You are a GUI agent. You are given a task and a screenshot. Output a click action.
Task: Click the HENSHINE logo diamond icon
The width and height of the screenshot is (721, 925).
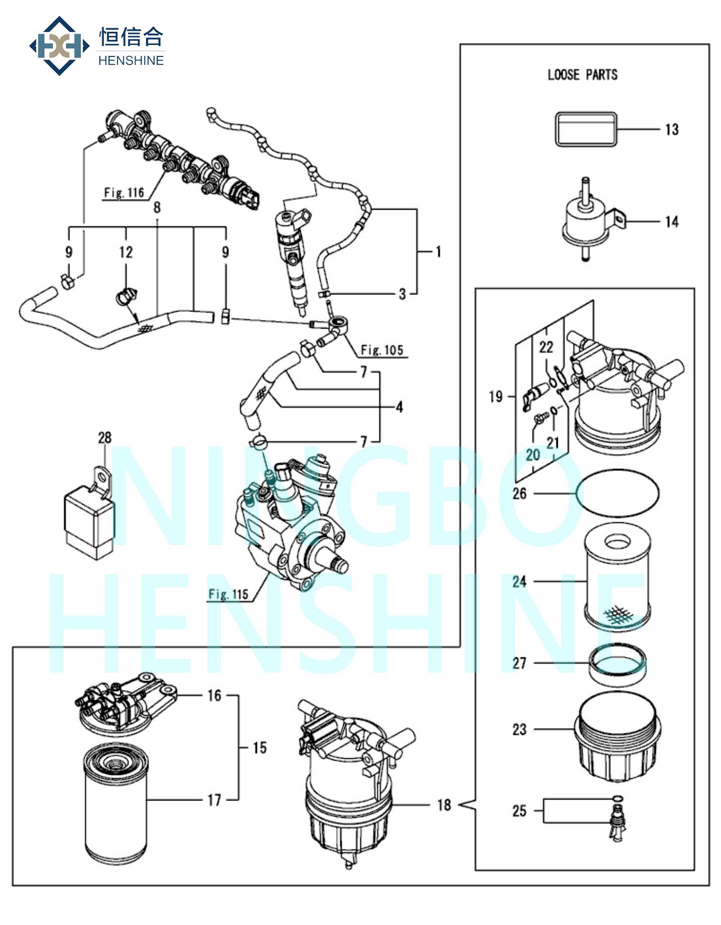click(59, 46)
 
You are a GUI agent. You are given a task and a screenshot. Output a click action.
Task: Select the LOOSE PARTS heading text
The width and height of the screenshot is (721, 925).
click(582, 75)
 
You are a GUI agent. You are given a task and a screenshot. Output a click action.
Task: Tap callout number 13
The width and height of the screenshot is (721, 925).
click(672, 130)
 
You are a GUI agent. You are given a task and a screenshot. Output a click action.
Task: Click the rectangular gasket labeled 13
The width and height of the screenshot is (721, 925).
click(586, 130)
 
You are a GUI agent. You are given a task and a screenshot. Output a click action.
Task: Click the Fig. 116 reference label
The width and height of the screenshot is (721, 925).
click(124, 193)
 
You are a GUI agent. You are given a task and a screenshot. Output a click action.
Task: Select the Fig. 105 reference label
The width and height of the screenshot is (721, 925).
click(382, 350)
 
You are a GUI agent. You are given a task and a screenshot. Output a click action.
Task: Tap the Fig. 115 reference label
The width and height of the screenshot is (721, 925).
click(228, 594)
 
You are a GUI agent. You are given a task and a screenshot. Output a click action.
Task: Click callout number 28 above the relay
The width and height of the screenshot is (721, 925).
click(104, 438)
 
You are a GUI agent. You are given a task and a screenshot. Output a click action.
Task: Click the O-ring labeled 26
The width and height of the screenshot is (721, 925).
click(618, 493)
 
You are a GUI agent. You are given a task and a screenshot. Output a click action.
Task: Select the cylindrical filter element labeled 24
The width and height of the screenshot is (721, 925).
click(617, 577)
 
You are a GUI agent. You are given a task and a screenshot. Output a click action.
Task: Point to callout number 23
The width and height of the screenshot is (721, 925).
click(519, 729)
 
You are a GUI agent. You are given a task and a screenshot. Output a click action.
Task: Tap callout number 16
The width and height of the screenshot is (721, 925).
click(215, 696)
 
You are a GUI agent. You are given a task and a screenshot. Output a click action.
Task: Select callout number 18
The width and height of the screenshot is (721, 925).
click(444, 805)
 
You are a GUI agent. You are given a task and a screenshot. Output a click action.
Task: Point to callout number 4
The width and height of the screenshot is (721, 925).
click(399, 407)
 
